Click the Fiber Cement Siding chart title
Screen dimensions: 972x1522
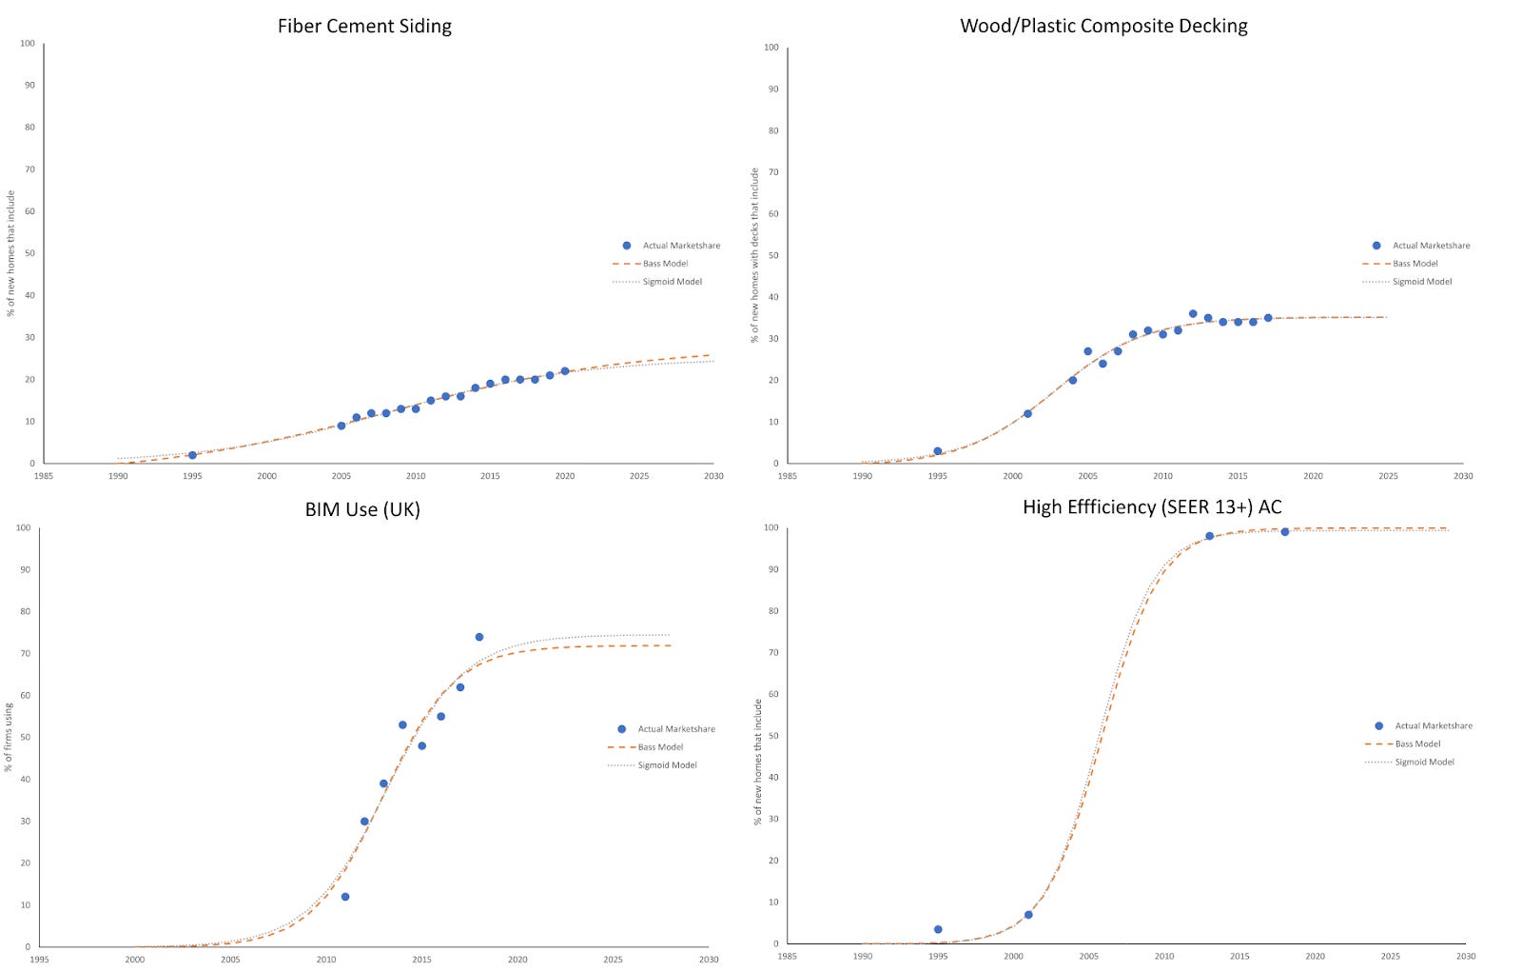click(x=364, y=27)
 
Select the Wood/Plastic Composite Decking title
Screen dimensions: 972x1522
click(x=1103, y=27)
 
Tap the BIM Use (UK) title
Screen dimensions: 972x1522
click(x=362, y=509)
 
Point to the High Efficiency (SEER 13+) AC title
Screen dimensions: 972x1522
click(x=1152, y=507)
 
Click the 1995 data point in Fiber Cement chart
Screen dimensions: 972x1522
click(x=192, y=455)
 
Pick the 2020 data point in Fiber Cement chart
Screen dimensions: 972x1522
click(x=564, y=371)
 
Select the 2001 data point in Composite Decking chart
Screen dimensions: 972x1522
click(x=1027, y=414)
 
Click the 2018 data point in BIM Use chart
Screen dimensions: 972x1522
click(x=479, y=637)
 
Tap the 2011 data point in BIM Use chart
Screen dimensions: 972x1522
click(x=345, y=897)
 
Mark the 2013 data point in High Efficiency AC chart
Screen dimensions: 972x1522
click(x=1210, y=536)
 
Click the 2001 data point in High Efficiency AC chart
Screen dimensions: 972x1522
click(x=1028, y=915)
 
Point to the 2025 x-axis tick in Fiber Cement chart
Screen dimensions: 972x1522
click(x=639, y=476)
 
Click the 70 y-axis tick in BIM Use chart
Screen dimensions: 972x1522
click(x=26, y=654)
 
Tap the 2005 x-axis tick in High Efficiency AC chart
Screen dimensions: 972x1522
click(x=1088, y=956)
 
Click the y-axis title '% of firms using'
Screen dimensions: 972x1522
click(x=10, y=738)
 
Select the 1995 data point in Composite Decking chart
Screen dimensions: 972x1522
click(x=938, y=451)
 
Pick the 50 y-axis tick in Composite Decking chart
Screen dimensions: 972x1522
click(x=773, y=255)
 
